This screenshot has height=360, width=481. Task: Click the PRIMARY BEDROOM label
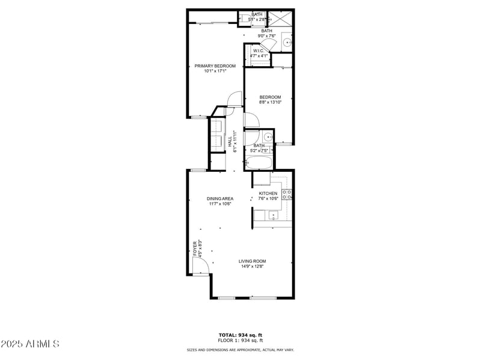(215, 66)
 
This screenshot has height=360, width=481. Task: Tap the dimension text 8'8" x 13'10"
(270, 102)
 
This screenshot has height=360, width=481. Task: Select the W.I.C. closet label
(258, 51)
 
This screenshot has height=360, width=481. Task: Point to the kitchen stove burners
(287, 194)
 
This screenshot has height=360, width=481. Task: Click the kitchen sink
(274, 215)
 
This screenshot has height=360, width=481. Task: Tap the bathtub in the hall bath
(259, 162)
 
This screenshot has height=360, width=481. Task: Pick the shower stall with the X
(279, 18)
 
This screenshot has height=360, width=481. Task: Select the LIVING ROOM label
(252, 261)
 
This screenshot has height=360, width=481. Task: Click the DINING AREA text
(220, 198)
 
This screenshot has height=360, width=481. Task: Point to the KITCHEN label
(268, 194)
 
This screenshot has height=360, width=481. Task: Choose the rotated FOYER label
(195, 249)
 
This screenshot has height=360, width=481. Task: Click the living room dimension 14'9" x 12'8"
(252, 266)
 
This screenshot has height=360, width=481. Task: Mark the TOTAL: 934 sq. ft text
(240, 335)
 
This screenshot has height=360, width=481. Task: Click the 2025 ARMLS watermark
(30, 344)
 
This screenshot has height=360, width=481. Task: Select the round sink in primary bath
(286, 42)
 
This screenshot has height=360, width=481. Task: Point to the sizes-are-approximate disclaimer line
(240, 350)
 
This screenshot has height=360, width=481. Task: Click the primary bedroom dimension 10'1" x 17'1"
(215, 72)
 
